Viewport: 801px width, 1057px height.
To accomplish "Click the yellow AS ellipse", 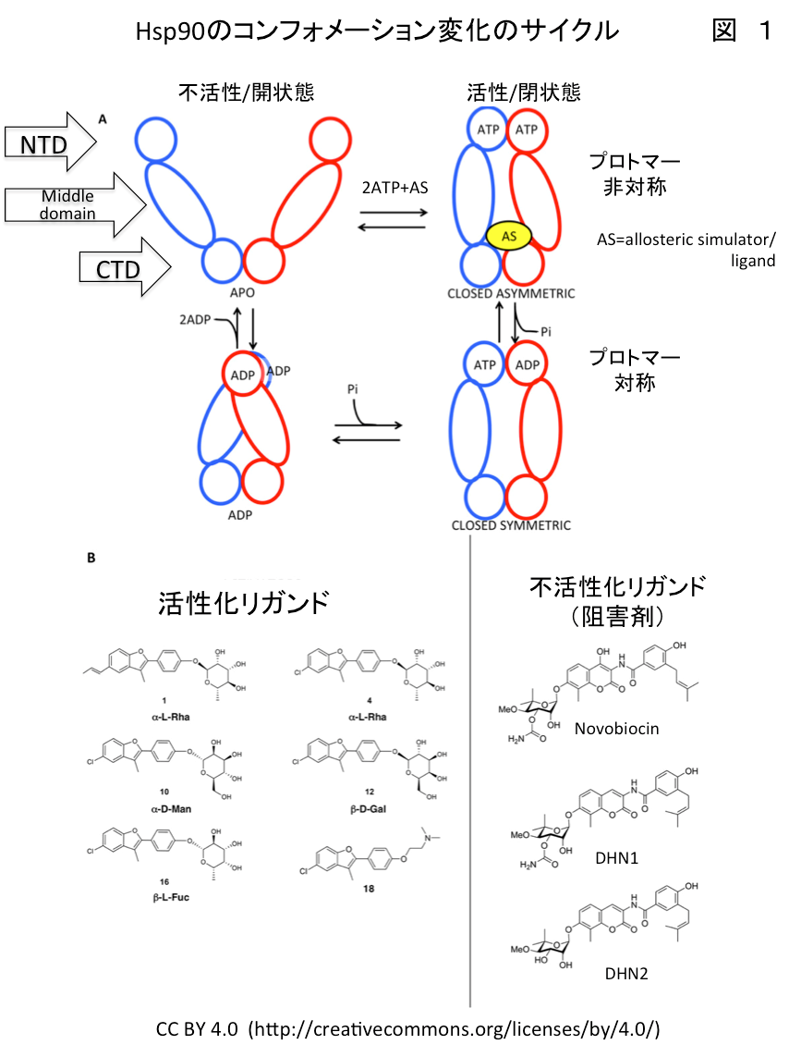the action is point(509,236).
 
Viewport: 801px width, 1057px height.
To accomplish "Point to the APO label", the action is point(243,292).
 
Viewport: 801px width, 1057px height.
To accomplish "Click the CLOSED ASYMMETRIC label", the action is point(511,294).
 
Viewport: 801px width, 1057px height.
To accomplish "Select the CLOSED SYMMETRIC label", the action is point(511,526).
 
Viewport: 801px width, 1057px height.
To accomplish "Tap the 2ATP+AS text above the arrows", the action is point(394,188).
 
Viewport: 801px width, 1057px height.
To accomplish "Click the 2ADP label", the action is point(195,320).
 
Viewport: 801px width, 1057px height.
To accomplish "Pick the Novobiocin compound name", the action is point(617,729).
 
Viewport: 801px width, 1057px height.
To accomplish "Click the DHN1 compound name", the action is point(616,858).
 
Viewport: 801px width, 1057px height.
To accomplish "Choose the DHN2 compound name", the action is point(626,974).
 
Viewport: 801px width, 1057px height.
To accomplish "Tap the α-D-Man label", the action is point(171,809).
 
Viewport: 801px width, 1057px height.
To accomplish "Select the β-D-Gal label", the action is point(369,809).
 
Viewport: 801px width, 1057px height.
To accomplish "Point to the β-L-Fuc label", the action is point(171,897).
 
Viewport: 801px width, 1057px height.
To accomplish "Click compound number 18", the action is point(369,889).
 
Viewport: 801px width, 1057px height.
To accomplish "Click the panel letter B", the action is point(91,559).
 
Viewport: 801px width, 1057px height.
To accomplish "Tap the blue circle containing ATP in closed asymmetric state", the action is point(488,129).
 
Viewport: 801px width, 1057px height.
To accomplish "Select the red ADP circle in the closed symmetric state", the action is point(527,364).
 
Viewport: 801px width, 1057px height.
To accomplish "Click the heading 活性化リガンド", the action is point(244,603).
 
